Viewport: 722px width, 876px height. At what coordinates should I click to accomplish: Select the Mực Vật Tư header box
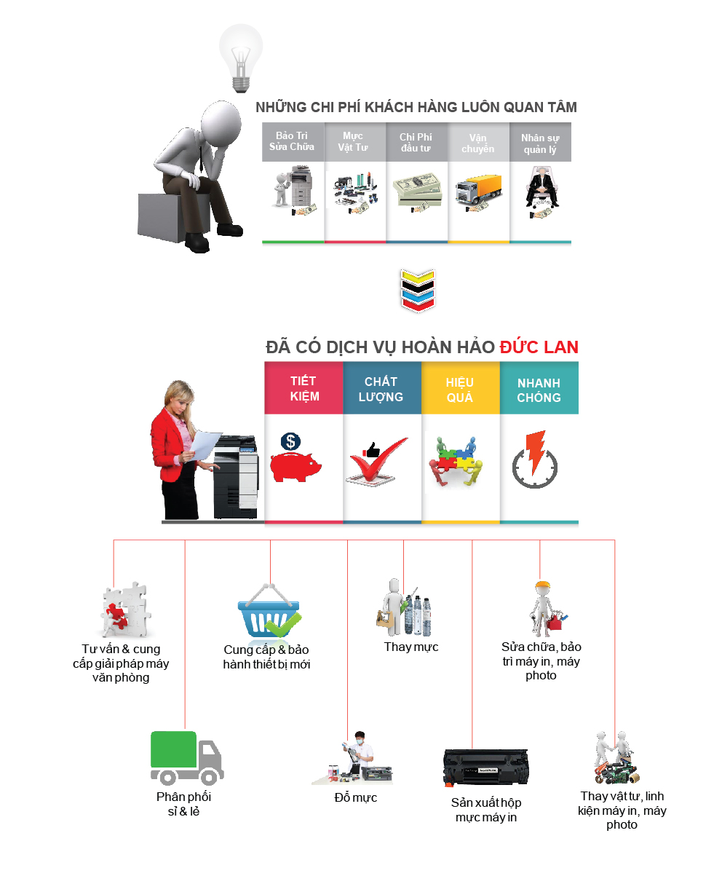tap(354, 141)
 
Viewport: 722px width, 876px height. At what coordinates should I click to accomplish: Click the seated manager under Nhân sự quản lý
tap(540, 186)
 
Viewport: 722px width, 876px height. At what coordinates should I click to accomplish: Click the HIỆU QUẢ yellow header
tap(460, 390)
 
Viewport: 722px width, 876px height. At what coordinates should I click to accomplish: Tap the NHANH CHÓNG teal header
tap(539, 390)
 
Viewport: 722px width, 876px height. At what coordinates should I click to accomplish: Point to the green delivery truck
tap(186, 757)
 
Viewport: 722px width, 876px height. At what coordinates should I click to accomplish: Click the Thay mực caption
tap(411, 647)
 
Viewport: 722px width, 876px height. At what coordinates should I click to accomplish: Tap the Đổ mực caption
tap(355, 797)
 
